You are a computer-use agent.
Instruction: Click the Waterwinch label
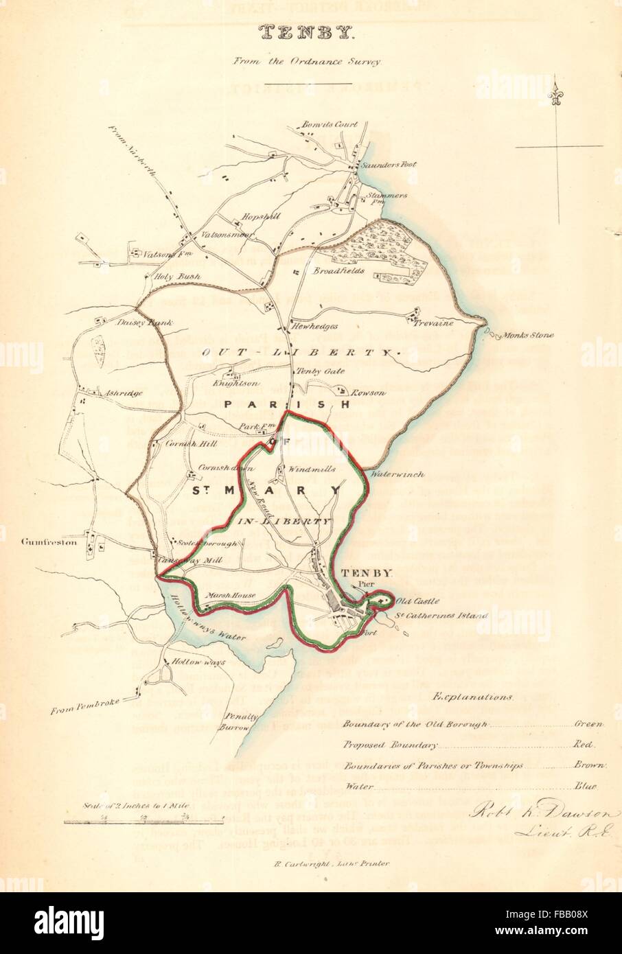pos(396,474)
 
